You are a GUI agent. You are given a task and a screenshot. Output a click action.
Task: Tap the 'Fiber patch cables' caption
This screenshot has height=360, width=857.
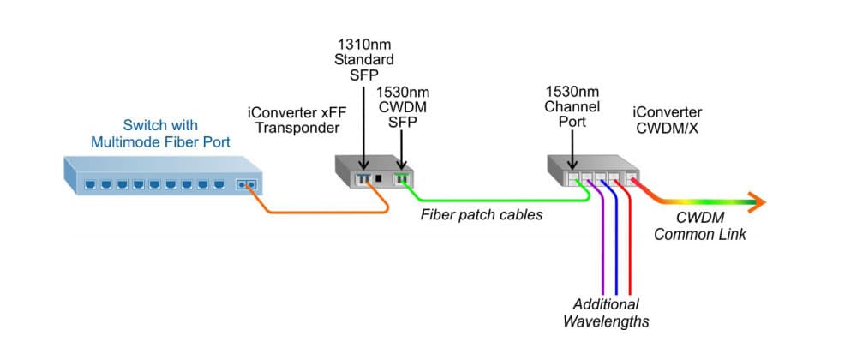point(481,214)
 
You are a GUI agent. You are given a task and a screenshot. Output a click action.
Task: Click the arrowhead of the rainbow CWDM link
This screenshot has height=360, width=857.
point(756,203)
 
